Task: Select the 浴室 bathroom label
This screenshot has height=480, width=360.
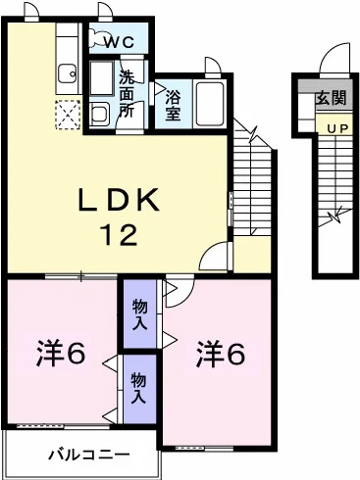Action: (173, 105)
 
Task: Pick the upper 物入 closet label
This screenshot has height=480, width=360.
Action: (140, 312)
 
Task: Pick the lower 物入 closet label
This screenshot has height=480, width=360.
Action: (140, 386)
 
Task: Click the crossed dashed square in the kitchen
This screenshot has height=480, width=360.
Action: (68, 115)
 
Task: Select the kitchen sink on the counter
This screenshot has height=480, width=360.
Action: (68, 73)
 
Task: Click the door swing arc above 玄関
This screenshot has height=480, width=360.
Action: (333, 59)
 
